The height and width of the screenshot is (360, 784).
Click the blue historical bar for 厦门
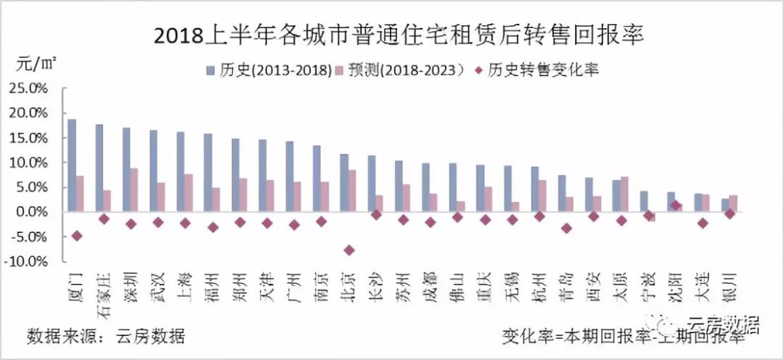tap(72, 165)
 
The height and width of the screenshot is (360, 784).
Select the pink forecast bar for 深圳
tap(134, 189)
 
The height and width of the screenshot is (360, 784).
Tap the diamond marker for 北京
tap(348, 250)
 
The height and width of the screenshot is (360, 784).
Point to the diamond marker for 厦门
tap(76, 236)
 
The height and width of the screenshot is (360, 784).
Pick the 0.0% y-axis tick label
tap(31, 212)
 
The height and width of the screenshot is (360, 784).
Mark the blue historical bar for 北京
tap(344, 182)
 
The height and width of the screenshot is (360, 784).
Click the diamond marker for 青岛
tap(566, 228)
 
